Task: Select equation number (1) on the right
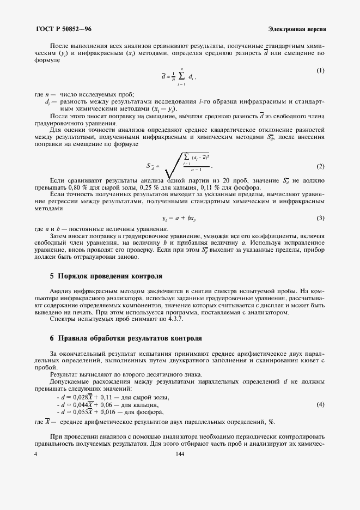click(x=321, y=71)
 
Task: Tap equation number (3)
click(x=321, y=203)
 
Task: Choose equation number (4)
click(x=321, y=405)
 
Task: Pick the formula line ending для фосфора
click(x=109, y=412)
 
